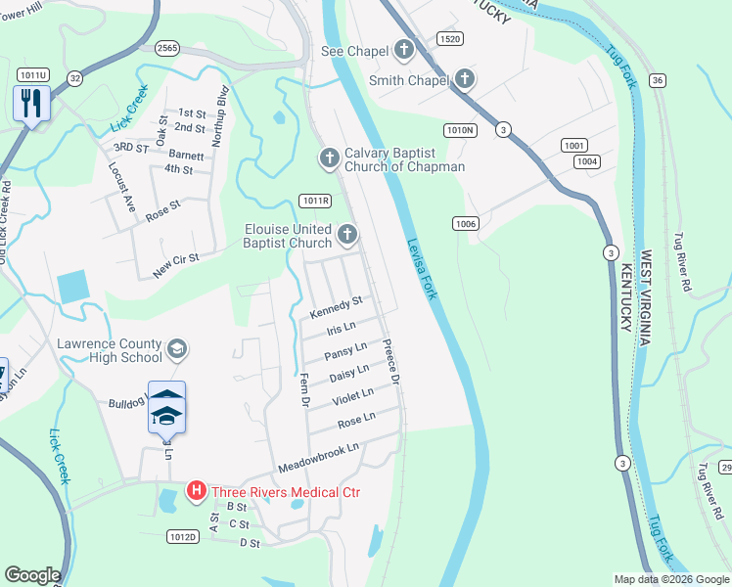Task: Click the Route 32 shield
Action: pos(74,77)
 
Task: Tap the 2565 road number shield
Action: pos(165,47)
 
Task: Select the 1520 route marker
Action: pos(450,39)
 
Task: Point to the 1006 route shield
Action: pos(465,224)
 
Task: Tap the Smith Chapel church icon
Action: pos(463,79)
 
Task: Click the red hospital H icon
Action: pos(196,491)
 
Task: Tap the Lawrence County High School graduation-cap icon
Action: pos(177,349)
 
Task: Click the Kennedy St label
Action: pos(337,307)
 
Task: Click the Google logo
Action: pos(32,575)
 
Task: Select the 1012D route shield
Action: pos(183,537)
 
